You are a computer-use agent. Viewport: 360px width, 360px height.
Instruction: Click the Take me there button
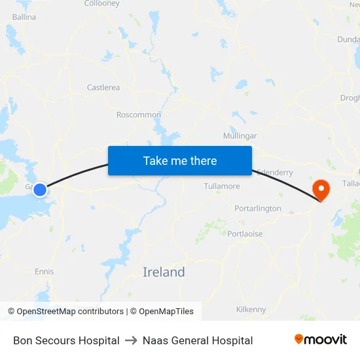180,160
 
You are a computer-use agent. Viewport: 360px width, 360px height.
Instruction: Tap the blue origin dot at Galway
40,190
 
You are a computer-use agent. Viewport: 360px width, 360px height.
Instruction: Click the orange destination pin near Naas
321,190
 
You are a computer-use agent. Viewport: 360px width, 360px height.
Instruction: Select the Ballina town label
24,17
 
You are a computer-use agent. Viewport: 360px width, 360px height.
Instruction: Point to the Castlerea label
103,87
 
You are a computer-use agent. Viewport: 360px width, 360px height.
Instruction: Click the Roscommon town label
139,115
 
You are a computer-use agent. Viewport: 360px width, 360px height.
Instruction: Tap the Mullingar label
240,136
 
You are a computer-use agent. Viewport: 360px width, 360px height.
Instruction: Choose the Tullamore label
222,187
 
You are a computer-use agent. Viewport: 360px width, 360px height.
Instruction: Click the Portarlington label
258,209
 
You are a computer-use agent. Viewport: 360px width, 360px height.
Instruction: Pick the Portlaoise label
245,234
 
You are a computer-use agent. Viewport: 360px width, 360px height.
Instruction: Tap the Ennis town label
45,272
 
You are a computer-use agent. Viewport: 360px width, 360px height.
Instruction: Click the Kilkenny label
251,309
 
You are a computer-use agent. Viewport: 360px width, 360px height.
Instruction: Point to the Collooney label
102,4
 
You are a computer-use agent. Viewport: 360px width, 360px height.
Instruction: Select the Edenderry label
275,172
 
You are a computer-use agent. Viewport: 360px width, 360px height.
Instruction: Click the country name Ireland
164,272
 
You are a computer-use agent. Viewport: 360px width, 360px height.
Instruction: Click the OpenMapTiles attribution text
162,312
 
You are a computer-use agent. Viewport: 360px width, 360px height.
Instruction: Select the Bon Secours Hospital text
66,340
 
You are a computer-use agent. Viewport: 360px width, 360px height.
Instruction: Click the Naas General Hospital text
198,340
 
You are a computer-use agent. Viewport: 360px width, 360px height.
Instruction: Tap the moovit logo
321,340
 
